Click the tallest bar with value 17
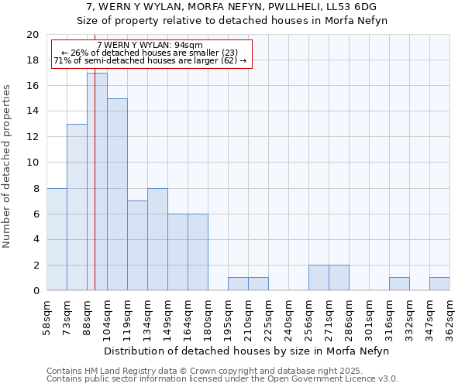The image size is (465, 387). point(97,182)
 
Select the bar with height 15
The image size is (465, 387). point(117,194)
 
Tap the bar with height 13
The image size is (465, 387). point(77,207)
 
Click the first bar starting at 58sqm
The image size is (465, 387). point(57,239)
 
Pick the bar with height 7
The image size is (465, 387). point(137,245)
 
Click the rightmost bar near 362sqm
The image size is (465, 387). point(439,284)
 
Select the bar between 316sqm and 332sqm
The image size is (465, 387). point(399,284)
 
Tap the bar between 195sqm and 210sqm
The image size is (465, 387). point(238,284)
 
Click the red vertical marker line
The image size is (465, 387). point(95,232)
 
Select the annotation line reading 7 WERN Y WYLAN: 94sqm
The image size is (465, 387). point(150,45)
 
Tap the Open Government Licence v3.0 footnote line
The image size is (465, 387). point(222,379)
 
